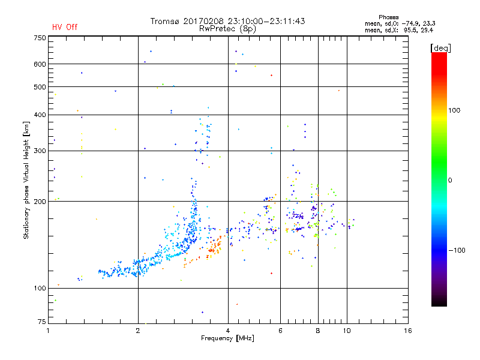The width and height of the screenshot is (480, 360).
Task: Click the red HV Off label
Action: point(64,27)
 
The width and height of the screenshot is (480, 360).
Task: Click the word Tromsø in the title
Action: point(164,21)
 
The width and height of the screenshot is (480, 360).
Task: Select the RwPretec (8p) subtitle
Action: point(227,28)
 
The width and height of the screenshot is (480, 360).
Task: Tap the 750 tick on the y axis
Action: point(40,38)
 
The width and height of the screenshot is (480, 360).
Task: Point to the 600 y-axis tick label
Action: point(40,64)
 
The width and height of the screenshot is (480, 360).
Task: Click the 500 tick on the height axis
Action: point(40,87)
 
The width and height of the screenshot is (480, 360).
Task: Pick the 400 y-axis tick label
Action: point(40,115)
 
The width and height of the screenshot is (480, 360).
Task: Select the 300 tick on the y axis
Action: point(40,151)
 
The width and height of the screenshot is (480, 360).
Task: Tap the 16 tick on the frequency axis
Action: point(407,331)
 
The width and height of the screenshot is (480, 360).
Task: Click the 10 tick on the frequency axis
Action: point(347,331)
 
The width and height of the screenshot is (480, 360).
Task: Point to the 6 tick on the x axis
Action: point(281,331)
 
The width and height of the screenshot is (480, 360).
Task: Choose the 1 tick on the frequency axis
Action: point(48,331)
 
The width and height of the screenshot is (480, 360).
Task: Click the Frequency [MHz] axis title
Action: point(227,339)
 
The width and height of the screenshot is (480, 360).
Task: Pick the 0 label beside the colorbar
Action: point(450,180)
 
